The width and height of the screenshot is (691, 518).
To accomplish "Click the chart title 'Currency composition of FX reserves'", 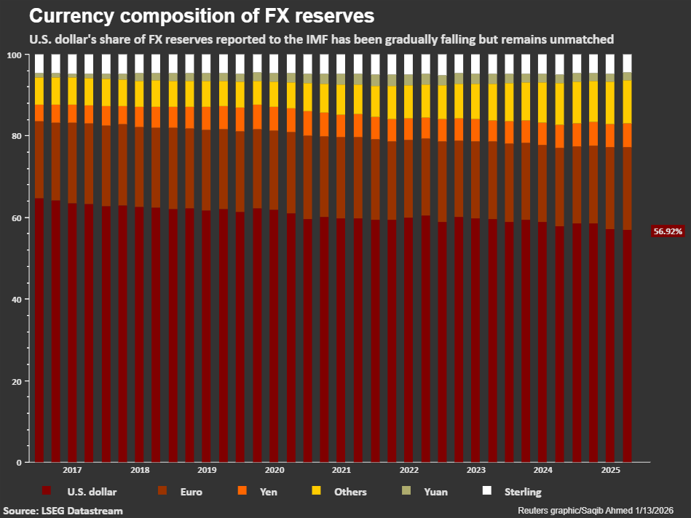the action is pos(202,16).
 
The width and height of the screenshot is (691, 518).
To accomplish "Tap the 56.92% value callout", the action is pos(668,231).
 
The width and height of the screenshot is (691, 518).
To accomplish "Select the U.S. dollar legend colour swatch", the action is pos(47,490).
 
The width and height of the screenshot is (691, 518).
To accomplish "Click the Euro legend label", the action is pos(191,492).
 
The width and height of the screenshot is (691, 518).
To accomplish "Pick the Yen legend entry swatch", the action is pos(242,490).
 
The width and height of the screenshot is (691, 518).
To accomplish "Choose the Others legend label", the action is pos(350,492).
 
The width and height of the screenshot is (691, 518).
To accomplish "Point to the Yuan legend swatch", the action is pos(406,490).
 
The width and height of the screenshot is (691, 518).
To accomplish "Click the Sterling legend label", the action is pos(523,492).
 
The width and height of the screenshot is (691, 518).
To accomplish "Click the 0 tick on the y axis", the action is pos(19,463).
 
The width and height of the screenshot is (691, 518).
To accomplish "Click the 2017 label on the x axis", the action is pos(72,470).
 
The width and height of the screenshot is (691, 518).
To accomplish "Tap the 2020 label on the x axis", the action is pos(274,470).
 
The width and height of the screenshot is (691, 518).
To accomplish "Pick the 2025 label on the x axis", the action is pos(611,470).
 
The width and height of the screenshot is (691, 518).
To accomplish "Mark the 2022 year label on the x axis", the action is pos(409,470).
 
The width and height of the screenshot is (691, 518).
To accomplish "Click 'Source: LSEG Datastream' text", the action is pos(63,511).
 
